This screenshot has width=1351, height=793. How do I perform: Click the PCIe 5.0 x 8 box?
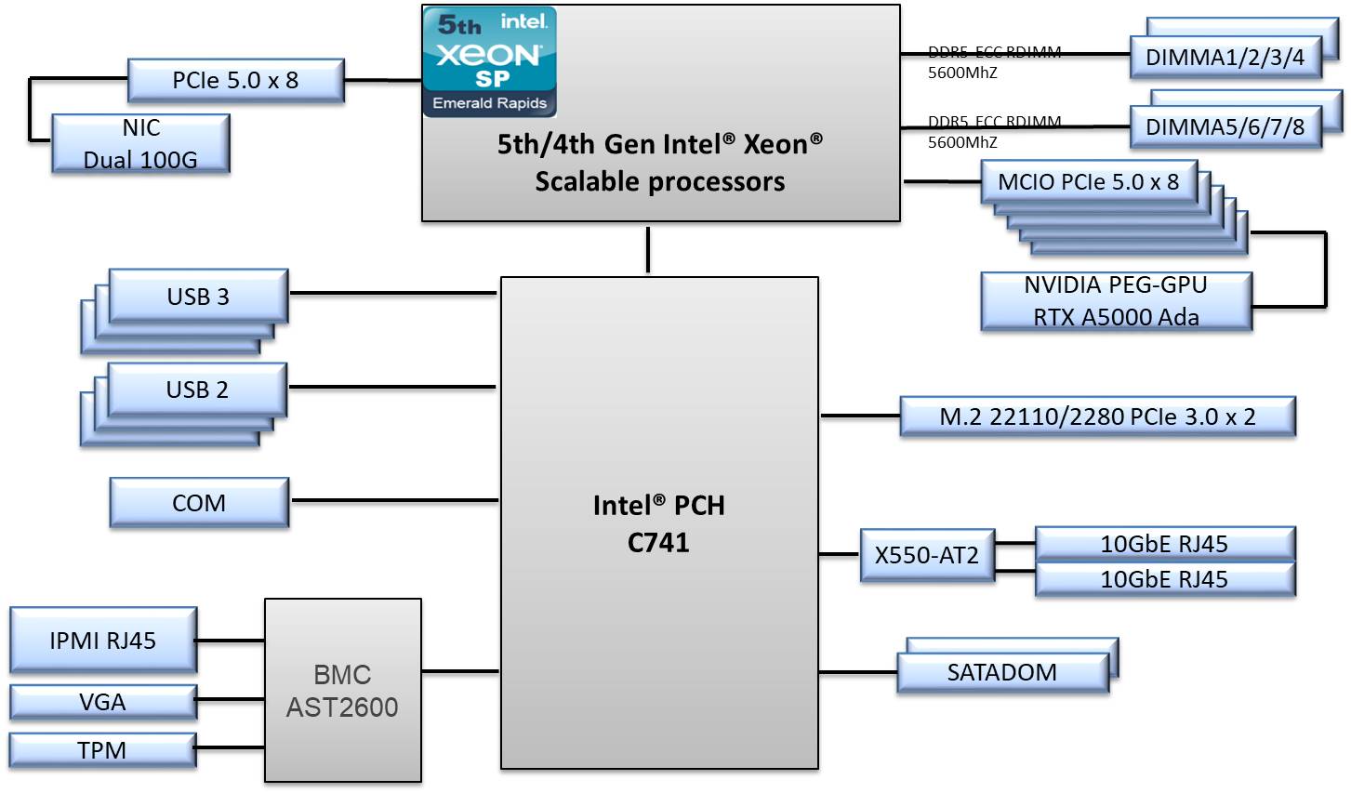pos(235,81)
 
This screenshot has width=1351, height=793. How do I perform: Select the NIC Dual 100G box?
pos(140,143)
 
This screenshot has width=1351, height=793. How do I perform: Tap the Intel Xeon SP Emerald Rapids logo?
pos(489,61)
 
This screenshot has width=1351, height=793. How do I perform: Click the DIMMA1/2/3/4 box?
pos(1225,58)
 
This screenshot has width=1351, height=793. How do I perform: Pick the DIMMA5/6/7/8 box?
pos(1225,127)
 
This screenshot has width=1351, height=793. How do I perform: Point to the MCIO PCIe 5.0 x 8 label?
pos(1088,182)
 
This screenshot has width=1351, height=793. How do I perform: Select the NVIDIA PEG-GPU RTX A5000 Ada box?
pos(1116,301)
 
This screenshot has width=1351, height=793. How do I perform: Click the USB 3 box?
pos(198,297)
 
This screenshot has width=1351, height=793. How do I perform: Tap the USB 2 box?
pos(197,390)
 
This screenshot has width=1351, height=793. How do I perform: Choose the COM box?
pos(199,503)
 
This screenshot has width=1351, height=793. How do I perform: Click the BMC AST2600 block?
pos(342,691)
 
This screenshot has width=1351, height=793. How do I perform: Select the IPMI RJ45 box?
pos(103,641)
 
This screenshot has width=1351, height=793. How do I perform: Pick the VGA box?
pos(102,702)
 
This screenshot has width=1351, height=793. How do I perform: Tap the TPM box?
pos(102,750)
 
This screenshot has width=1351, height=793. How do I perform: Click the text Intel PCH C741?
pos(658,523)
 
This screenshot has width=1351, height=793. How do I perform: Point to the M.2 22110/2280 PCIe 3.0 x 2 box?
pos(1097,417)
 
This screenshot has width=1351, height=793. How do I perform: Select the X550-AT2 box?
pos(927,556)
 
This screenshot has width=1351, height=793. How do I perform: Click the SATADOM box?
pos(1002,672)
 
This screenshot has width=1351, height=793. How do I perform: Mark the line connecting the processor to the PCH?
pos(648,249)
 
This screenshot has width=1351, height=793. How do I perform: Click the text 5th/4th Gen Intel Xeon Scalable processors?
pos(659,163)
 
